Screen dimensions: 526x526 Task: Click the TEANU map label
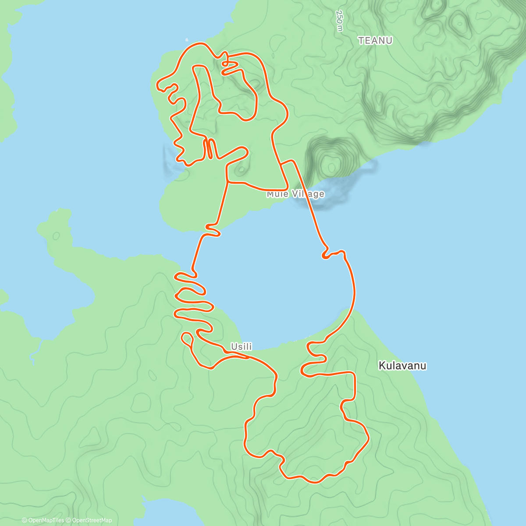click(375, 41)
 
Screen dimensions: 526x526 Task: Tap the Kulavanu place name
click(402, 366)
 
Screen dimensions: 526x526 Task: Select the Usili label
click(242, 347)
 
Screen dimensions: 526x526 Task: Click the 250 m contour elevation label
click(339, 21)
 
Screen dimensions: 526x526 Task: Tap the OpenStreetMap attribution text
click(92, 520)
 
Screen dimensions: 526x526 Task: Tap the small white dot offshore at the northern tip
click(187, 38)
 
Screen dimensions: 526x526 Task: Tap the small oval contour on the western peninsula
click(56, 236)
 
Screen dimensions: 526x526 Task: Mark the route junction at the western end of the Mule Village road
click(228, 181)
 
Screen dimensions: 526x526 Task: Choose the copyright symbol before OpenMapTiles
click(25, 520)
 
